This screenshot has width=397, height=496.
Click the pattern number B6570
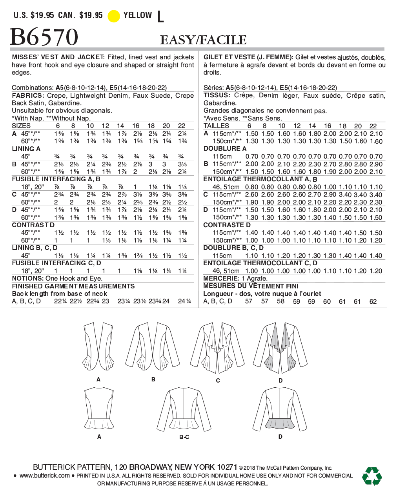(x=44, y=38)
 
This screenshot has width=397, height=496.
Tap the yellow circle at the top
(x=114, y=16)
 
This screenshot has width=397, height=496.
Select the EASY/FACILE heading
(x=203, y=40)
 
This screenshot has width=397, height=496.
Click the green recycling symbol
(x=372, y=476)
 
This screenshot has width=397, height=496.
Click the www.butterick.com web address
(x=44, y=476)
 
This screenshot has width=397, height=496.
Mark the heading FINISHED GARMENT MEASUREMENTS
(x=73, y=286)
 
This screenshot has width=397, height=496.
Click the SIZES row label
(x=21, y=126)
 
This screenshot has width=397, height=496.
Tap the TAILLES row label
(x=216, y=126)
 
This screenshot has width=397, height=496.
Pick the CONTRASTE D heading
(x=227, y=225)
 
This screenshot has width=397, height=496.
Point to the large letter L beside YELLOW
(x=160, y=17)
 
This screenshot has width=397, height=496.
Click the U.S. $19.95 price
(x=34, y=15)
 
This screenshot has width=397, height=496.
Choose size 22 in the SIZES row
(x=182, y=126)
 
